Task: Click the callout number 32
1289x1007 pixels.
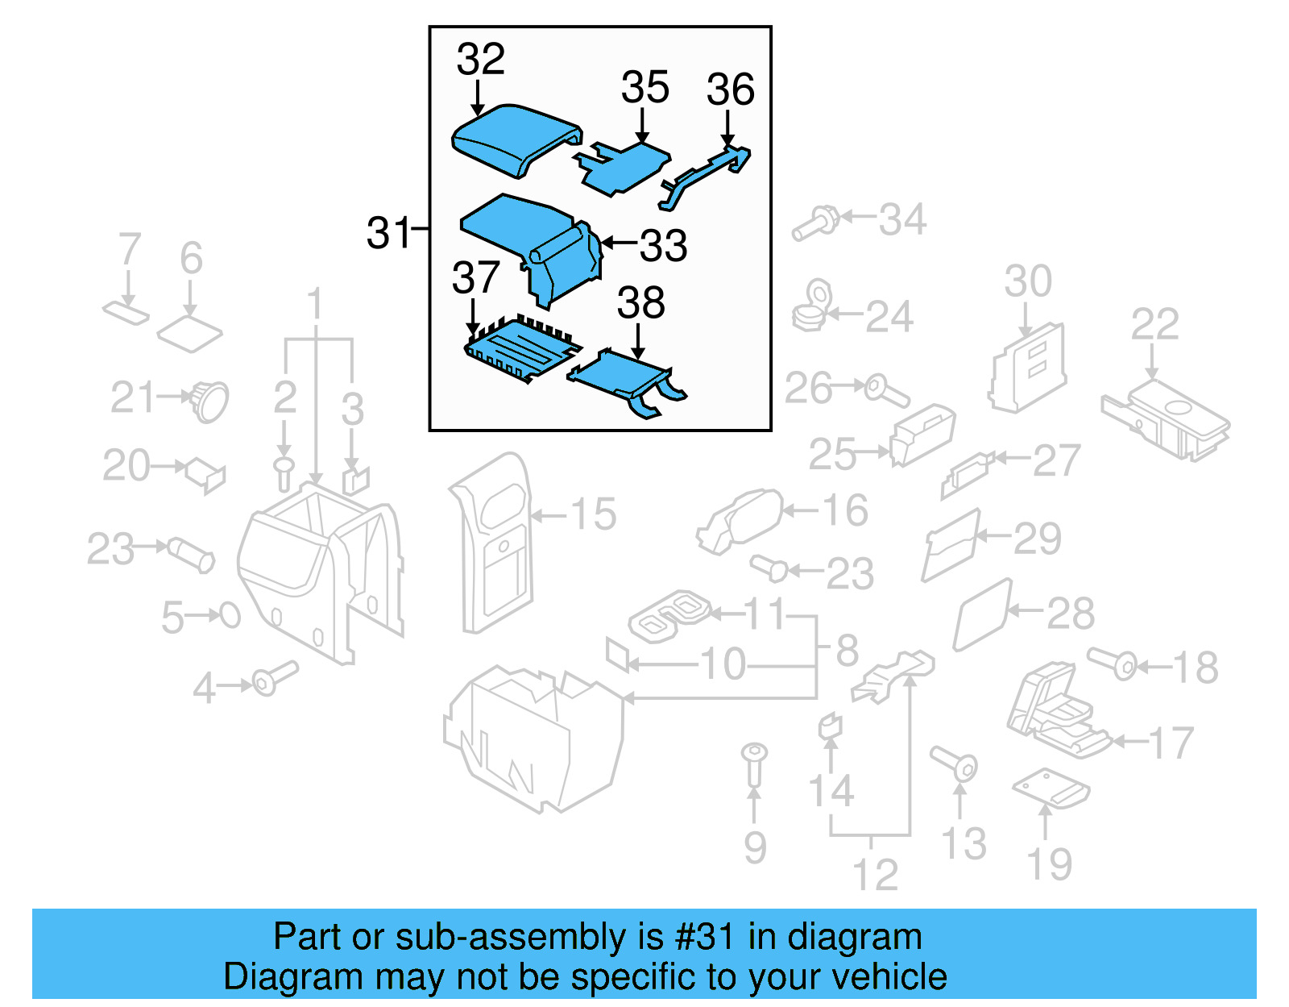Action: [x=480, y=60]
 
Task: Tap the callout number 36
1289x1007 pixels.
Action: [x=730, y=89]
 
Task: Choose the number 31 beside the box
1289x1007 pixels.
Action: [x=389, y=233]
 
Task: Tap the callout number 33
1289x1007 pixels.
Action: [x=663, y=245]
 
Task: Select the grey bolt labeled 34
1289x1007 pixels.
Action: [x=814, y=223]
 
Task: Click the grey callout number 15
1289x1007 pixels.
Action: [x=593, y=514]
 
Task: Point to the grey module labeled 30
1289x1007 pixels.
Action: [x=1028, y=366]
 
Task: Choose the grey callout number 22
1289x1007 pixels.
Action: [x=1154, y=324]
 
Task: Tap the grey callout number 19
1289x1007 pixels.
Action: [x=1049, y=864]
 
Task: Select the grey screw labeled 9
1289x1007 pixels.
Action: [x=754, y=763]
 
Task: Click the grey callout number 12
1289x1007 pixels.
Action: [x=875, y=875]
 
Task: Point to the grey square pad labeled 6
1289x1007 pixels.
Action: [x=189, y=333]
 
